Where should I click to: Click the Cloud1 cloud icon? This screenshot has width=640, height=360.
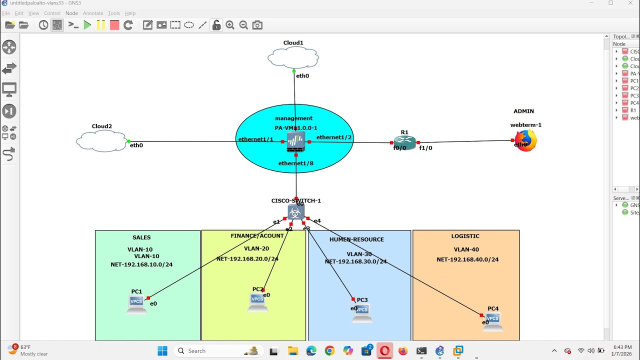293,57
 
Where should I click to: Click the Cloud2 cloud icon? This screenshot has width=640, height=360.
102,141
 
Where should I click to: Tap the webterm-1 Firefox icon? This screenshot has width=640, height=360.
525,140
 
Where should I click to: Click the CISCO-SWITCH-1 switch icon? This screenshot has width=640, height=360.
296,212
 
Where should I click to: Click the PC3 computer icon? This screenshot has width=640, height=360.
361,312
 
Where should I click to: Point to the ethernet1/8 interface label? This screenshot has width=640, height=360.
296,163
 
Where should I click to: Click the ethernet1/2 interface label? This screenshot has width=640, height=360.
334,137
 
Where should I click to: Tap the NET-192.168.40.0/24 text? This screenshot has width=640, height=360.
467,259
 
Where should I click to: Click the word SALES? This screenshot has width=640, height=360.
141,237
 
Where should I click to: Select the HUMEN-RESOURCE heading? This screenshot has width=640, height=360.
356,239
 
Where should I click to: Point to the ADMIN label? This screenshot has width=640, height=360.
523,111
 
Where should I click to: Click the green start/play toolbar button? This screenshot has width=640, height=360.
87,25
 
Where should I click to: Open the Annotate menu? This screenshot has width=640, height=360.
93,13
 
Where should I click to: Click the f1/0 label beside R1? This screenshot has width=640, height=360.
425,148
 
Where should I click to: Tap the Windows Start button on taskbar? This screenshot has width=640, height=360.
162,351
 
